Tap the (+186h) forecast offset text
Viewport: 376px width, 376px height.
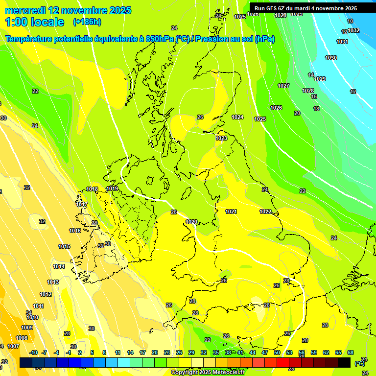87,22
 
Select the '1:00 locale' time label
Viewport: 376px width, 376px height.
35,22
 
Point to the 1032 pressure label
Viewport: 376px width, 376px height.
353,30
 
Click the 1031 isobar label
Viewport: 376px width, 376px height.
342,42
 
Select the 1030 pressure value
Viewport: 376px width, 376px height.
331,58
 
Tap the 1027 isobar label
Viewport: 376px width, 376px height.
283,86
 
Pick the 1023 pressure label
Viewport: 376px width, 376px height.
221,138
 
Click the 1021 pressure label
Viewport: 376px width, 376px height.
231,211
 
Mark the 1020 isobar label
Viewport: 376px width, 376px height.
191,222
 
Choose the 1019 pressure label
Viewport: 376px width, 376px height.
112,188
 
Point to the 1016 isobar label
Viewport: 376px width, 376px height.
75,231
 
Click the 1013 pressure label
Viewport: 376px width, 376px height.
53,282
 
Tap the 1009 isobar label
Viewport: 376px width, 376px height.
27,328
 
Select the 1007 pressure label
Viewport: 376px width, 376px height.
13,346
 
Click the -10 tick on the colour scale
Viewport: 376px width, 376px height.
33,352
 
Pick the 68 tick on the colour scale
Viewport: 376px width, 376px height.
351,352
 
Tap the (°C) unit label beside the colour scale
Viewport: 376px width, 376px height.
359,363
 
